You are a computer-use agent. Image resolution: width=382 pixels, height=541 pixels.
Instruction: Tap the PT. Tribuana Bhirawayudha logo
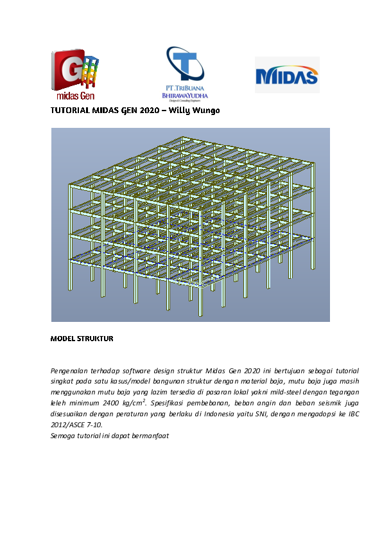point(185,75)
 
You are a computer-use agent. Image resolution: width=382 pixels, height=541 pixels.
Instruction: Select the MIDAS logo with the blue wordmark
point(286,76)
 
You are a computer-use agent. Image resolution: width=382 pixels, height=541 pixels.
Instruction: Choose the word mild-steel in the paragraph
point(270,392)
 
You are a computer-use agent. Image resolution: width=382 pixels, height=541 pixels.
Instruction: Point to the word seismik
point(330,403)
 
